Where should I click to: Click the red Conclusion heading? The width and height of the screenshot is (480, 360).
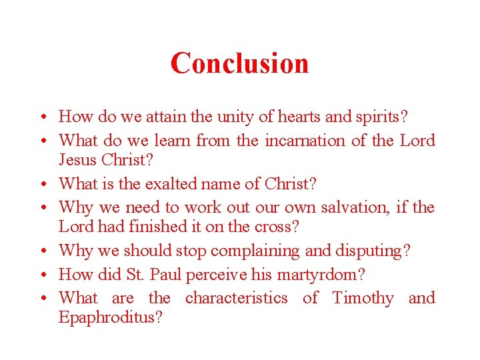pyautogui.click(x=239, y=63)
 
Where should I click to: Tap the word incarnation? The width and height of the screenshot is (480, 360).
pyautogui.click(x=305, y=141)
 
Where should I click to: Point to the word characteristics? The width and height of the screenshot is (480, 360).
pyautogui.click(x=237, y=298)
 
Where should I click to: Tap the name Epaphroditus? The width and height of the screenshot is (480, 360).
pyautogui.click(x=111, y=317)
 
